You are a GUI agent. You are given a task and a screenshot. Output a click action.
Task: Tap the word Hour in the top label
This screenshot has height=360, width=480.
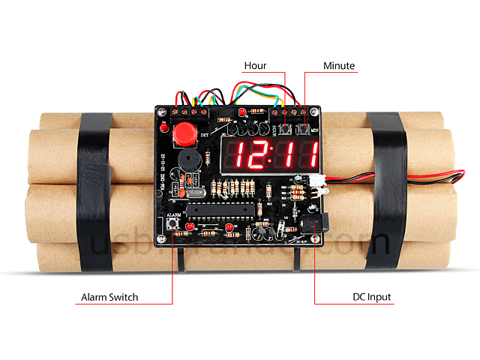[256, 66]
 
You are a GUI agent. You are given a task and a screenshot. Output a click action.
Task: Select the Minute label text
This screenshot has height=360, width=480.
[338, 66]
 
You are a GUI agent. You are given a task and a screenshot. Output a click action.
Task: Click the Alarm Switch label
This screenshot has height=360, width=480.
[109, 297]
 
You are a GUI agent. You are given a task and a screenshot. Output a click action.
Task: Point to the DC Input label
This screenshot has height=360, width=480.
[372, 297]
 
